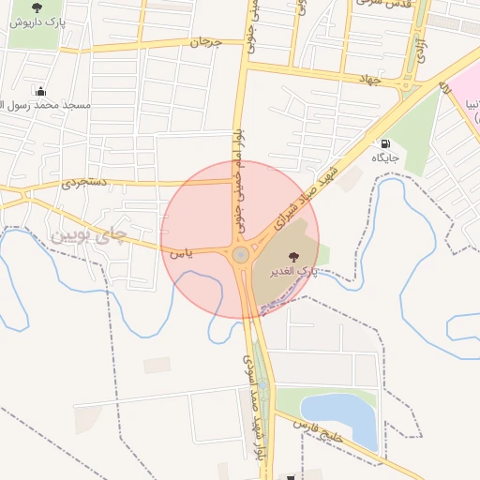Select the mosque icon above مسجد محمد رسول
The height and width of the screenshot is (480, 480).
40,92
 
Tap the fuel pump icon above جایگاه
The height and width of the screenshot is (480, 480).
384,144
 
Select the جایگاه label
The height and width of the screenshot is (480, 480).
384,157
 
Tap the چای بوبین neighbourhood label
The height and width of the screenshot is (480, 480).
86,235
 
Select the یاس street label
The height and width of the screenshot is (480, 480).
182,252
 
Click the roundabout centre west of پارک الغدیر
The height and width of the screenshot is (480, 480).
242,254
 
